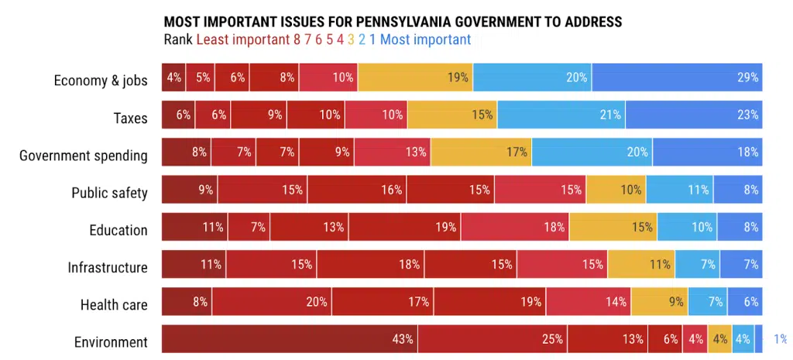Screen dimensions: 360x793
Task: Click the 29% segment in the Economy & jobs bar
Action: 677,77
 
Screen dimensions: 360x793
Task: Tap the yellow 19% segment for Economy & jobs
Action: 415,77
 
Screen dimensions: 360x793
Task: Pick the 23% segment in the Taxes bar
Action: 694,115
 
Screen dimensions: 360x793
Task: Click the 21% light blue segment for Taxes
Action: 561,115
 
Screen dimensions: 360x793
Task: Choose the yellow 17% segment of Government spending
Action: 481,152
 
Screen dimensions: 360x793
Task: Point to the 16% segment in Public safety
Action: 357,189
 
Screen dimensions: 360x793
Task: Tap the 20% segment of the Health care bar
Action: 272,302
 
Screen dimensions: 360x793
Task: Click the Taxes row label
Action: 130,118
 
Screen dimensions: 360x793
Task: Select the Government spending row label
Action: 84,156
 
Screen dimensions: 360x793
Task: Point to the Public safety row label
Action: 109,193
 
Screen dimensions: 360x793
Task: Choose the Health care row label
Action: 114,305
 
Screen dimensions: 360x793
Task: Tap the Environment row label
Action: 111,342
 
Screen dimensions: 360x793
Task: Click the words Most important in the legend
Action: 425,39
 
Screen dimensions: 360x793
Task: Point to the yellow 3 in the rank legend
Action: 351,39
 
